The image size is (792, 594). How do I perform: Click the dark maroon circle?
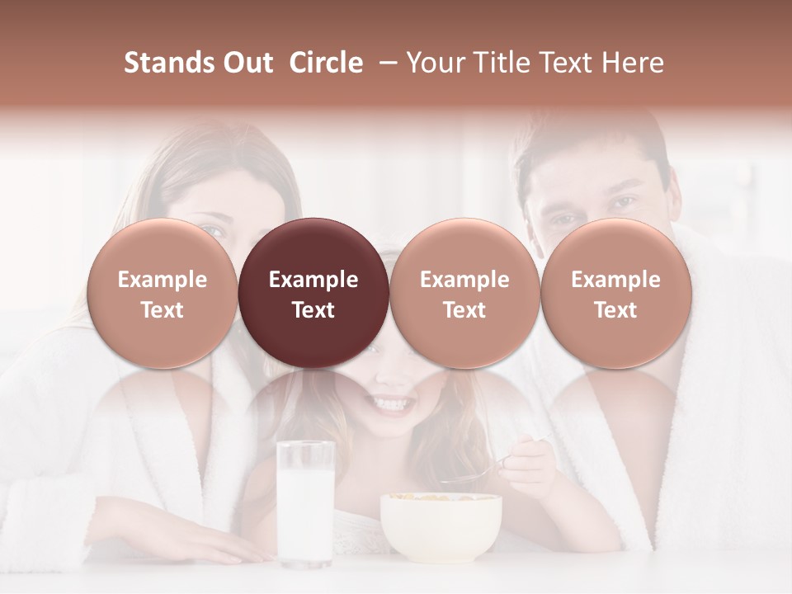313,293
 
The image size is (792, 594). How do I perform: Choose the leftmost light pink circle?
163,293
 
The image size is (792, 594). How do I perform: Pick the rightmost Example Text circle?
616,293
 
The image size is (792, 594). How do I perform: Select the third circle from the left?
464,293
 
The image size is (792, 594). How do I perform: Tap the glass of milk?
305,503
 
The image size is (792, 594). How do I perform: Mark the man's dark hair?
590,144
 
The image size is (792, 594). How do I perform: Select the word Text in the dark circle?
313,310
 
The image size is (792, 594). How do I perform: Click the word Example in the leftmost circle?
163,280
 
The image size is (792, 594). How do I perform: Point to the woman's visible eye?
213,233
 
